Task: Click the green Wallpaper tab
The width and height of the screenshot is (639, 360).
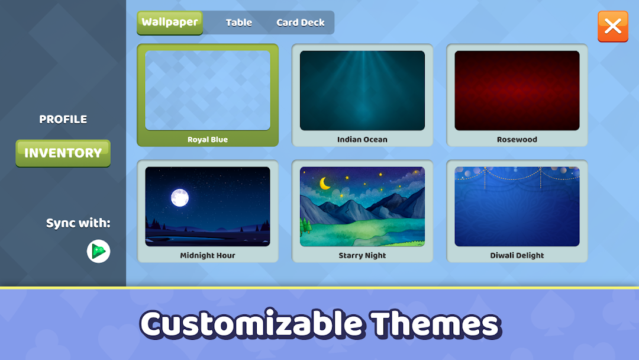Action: [170, 23]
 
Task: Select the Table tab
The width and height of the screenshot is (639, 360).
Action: [239, 22]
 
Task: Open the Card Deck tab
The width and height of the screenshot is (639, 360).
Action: [301, 22]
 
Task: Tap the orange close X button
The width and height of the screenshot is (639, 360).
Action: [613, 27]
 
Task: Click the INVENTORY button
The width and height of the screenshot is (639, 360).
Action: [63, 153]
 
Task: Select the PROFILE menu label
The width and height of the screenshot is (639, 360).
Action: [63, 119]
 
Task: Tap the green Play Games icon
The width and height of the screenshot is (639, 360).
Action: [99, 251]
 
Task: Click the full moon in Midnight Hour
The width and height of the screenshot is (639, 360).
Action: [180, 198]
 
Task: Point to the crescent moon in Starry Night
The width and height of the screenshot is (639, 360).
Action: [325, 184]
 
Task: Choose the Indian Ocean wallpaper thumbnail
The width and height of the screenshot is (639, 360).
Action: [362, 91]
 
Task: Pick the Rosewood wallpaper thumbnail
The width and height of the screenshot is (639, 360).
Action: [517, 91]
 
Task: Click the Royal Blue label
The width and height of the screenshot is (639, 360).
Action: [208, 139]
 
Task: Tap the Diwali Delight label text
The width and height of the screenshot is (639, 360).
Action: [517, 255]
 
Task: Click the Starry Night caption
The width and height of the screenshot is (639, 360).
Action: [362, 256]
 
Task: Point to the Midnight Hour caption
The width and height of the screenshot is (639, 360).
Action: [208, 255]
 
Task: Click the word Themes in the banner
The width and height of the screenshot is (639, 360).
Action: [435, 324]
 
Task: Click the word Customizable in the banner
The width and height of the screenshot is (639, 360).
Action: [251, 324]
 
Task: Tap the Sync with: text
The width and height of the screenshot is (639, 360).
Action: [78, 223]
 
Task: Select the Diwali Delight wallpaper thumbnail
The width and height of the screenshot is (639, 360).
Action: [517, 206]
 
